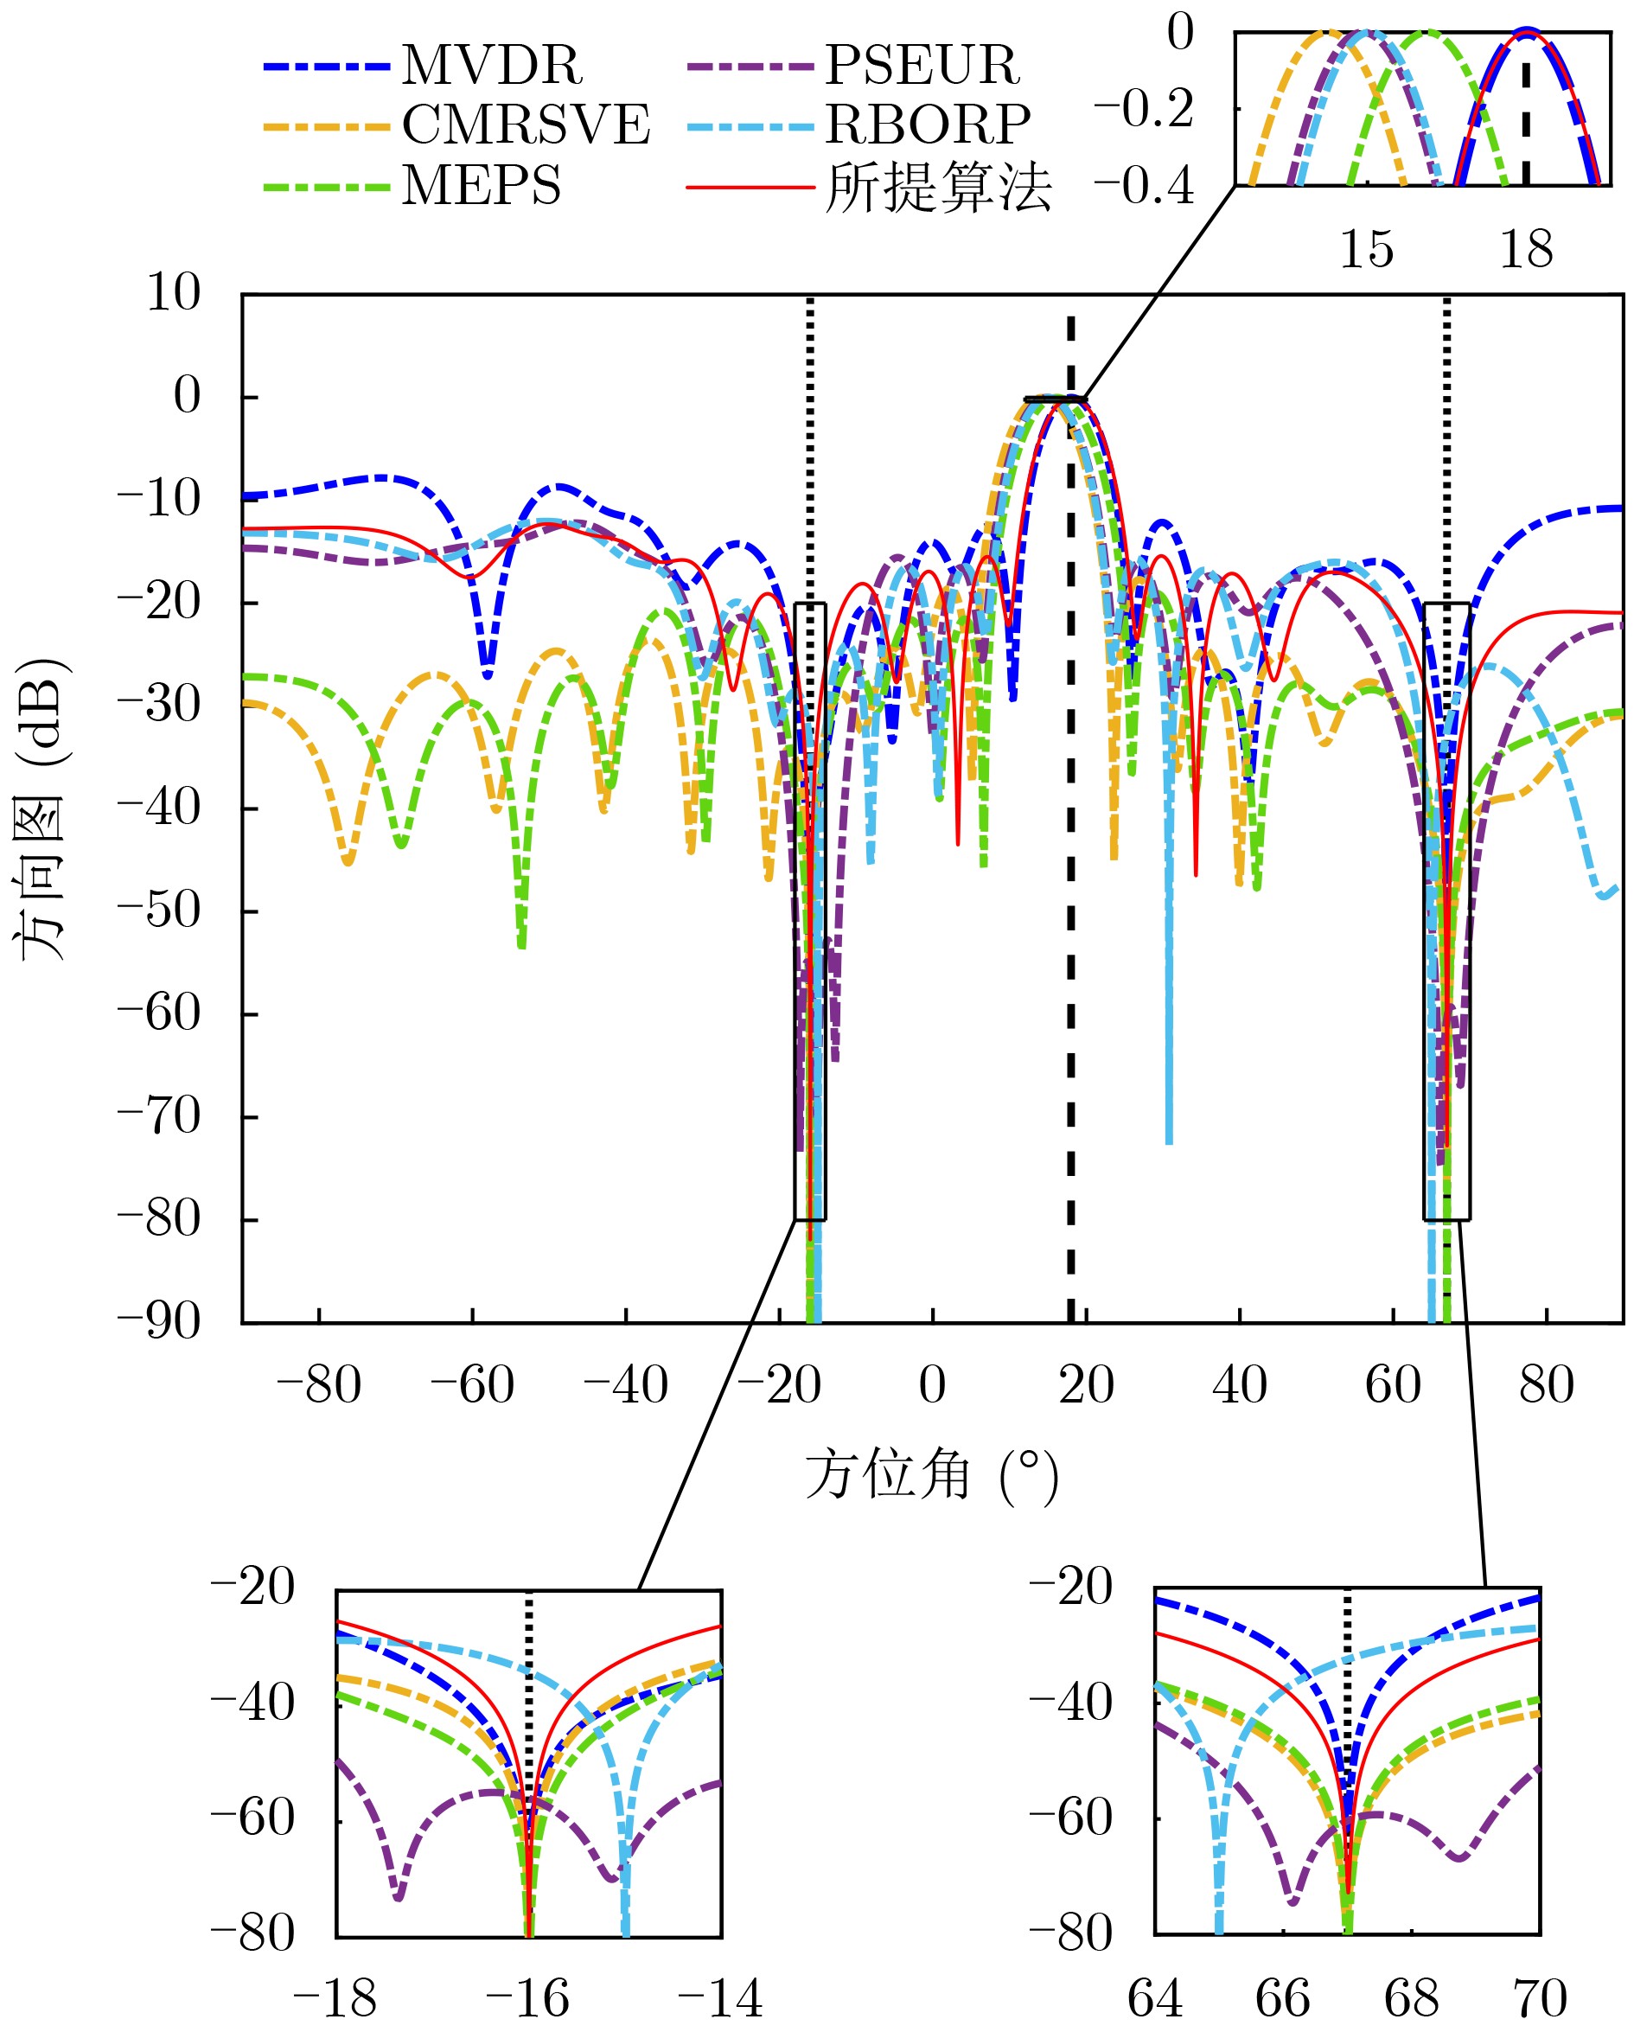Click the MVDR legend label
click(x=492, y=66)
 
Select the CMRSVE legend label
click(x=526, y=125)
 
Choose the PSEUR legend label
click(x=922, y=66)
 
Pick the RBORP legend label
click(x=929, y=125)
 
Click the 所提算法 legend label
click(x=938, y=188)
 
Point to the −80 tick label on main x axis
click(x=318, y=1385)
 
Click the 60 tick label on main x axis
click(x=1392, y=1385)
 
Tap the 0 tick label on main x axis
click(x=932, y=1385)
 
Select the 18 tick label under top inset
click(x=1526, y=251)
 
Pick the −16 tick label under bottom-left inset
click(x=527, y=1999)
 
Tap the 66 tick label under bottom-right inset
click(x=1282, y=1999)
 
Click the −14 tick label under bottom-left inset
click(x=720, y=1999)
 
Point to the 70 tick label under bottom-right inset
click(x=1540, y=1999)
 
